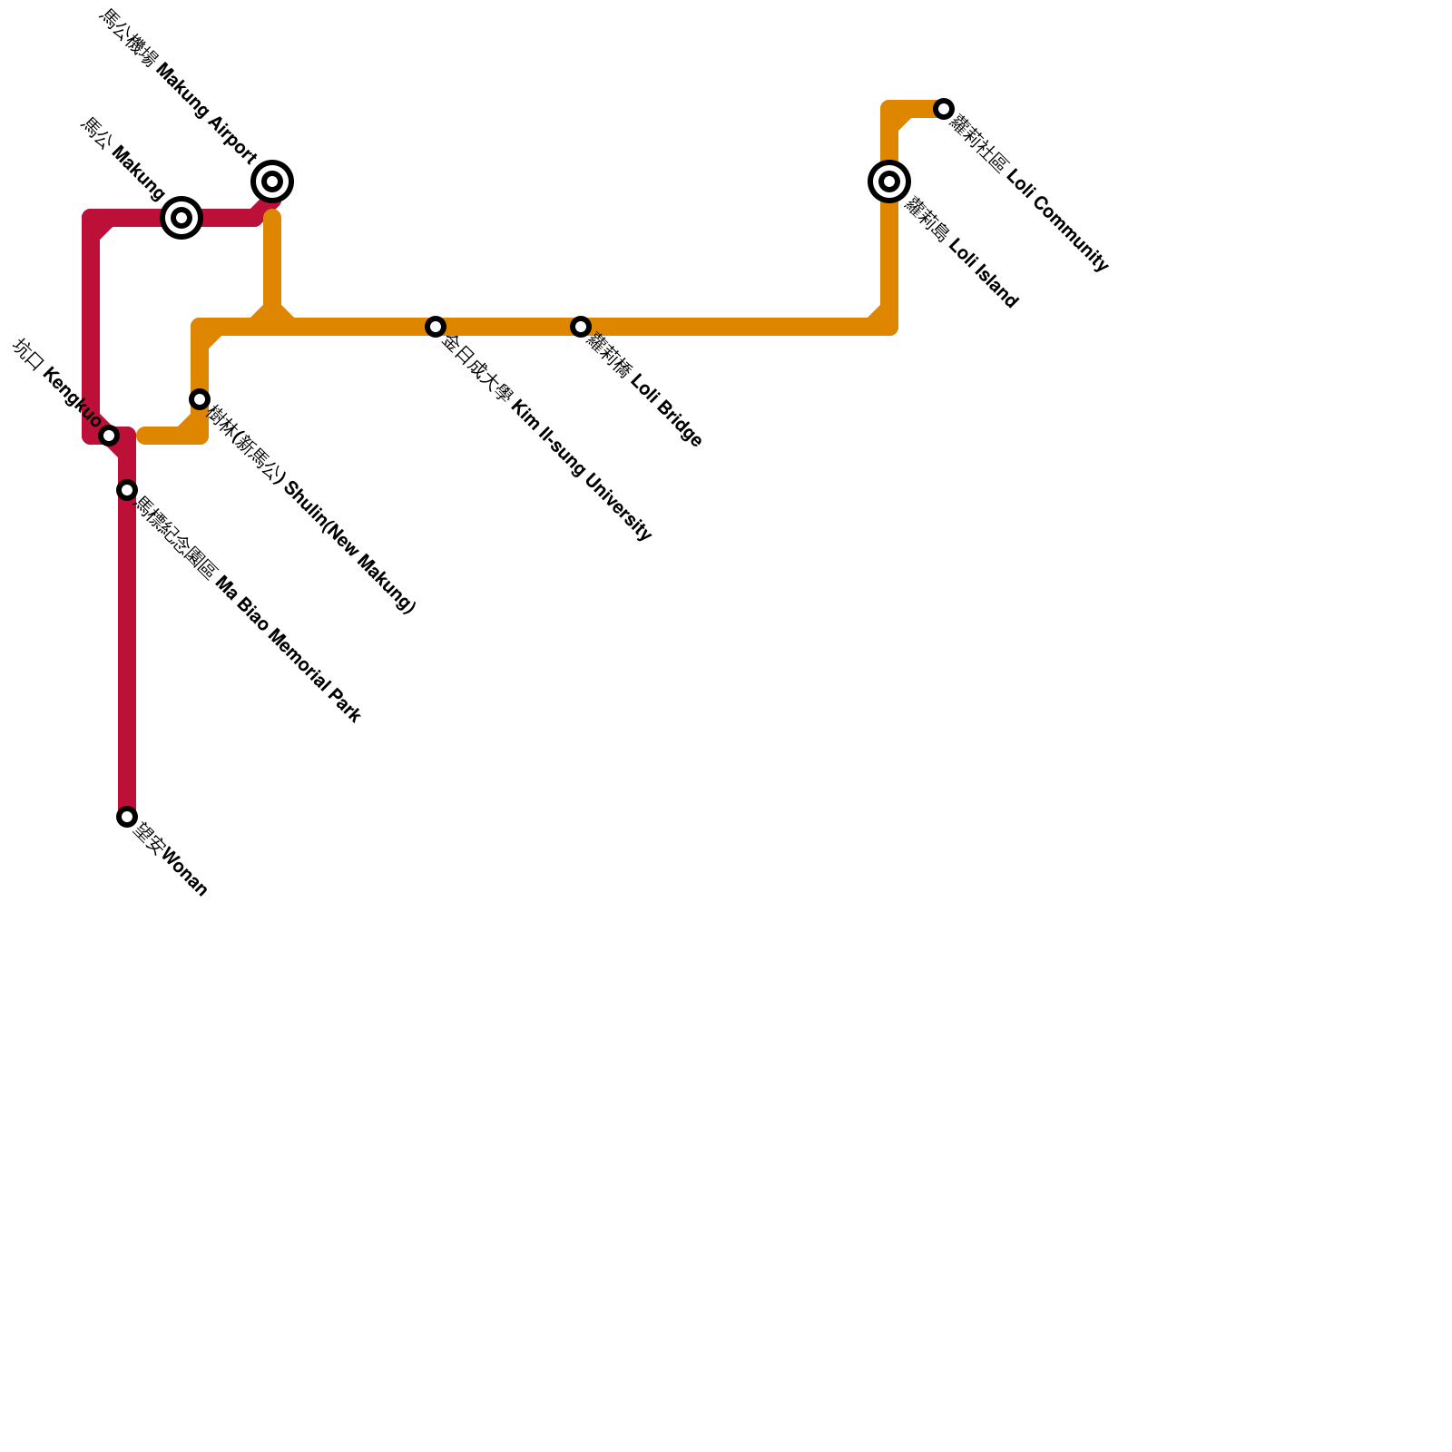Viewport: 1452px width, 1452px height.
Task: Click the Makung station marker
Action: (181, 218)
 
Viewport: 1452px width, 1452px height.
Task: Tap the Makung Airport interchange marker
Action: (272, 181)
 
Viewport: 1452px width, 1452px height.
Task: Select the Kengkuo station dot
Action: (109, 436)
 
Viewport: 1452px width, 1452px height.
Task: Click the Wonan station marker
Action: (127, 817)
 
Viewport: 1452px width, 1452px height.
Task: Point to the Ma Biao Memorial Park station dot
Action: (127, 490)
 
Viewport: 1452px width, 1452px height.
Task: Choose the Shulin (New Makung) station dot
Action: (200, 399)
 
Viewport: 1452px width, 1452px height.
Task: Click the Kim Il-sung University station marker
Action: (436, 327)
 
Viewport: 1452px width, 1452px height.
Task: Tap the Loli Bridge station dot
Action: (581, 327)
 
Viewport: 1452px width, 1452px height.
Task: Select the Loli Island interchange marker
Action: (889, 181)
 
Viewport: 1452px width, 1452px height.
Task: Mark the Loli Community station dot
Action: (944, 109)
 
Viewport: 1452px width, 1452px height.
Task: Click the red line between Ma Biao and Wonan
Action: (127, 653)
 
